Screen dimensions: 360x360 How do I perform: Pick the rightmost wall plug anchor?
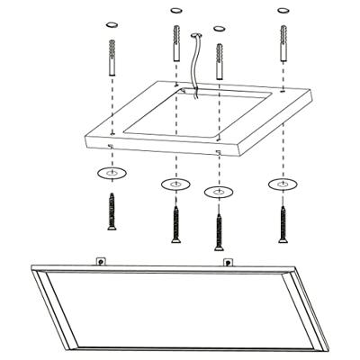pyautogui.click(x=283, y=42)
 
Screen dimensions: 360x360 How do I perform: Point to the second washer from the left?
pyautogui.click(x=175, y=184)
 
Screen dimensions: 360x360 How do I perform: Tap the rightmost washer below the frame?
pyautogui.click(x=283, y=184)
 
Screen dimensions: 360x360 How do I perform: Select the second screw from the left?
pyautogui.click(x=175, y=224)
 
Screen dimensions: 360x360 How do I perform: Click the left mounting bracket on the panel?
pyautogui.click(x=100, y=261)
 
